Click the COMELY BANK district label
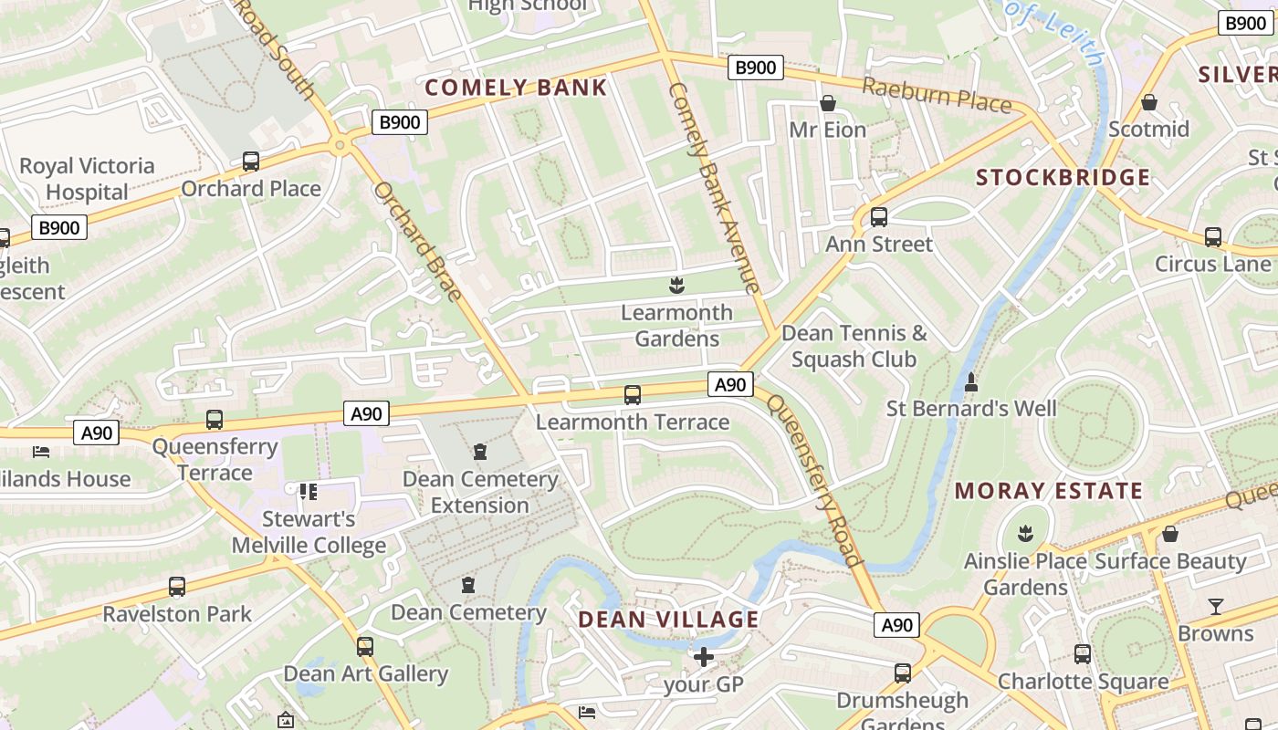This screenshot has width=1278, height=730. (516, 88)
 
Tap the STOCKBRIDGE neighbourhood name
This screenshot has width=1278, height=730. (1063, 177)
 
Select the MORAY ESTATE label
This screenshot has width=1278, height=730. (1048, 491)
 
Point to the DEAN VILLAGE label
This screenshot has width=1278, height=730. (668, 620)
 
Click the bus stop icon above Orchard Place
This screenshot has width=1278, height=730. (250, 162)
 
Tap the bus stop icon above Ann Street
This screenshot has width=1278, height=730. (878, 217)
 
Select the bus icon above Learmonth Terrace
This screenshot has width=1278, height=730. (632, 395)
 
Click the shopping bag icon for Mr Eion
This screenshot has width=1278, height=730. (827, 103)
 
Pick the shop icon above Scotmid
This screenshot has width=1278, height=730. (1148, 102)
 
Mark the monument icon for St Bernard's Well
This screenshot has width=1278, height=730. (971, 381)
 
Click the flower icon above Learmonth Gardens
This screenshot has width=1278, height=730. (676, 287)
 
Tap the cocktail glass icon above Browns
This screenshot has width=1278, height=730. (1215, 607)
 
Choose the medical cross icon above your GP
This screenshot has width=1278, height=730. (703, 657)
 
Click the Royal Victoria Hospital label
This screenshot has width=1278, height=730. (87, 179)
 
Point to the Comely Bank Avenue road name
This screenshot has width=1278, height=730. (715, 187)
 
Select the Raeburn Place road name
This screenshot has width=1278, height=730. (937, 95)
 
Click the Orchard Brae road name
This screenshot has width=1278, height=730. (417, 242)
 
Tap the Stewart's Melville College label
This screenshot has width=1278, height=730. (309, 533)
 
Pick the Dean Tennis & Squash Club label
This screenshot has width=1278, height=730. (854, 346)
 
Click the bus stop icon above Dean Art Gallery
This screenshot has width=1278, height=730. (365, 647)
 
